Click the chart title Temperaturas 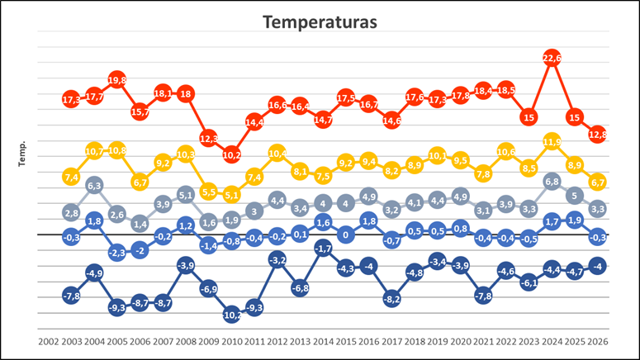click(320, 22)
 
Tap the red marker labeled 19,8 click(117, 80)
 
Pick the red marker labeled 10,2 click(231, 154)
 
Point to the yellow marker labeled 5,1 click(231, 195)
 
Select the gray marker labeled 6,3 click(94, 187)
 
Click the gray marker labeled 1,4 click(140, 224)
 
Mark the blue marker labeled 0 click(346, 234)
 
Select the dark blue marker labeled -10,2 click(231, 315)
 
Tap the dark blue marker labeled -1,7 click(323, 248)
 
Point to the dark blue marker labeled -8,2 click(391, 299)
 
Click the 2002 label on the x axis click(49, 340)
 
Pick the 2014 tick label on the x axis click(323, 340)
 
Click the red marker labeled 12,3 click(209, 138)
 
